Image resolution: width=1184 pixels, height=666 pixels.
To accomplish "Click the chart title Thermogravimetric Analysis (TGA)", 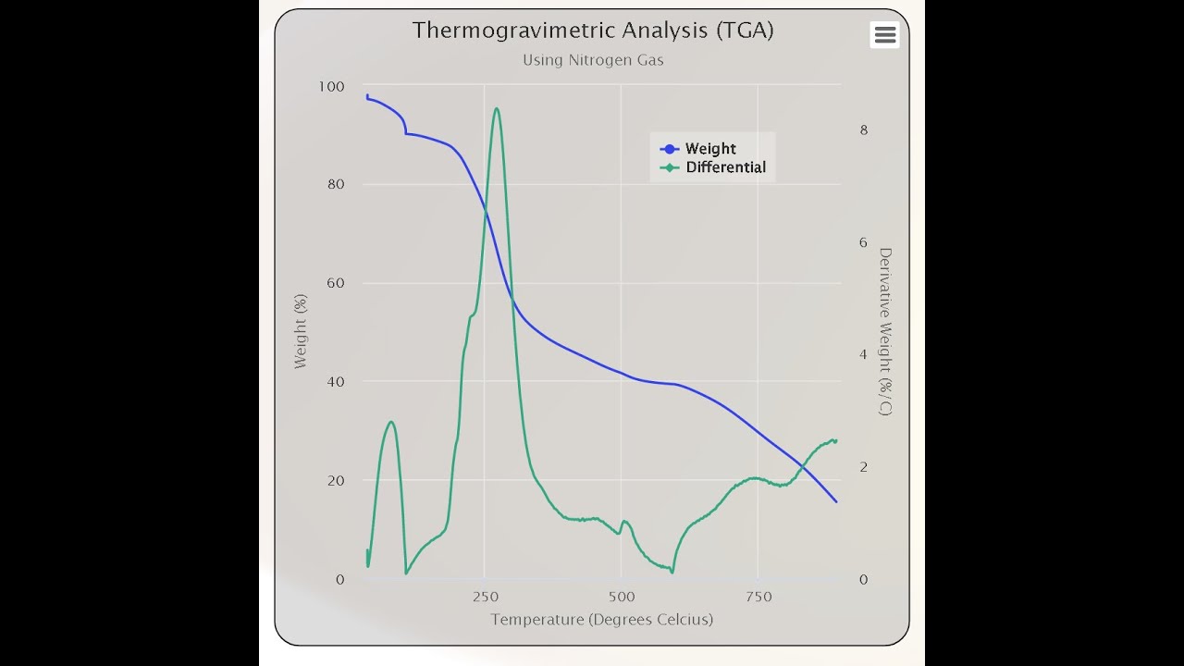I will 593,31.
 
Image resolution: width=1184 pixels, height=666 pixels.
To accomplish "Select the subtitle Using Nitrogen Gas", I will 593,60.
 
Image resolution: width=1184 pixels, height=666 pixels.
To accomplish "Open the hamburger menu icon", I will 884,35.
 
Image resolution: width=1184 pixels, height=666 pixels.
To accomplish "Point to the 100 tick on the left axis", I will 331,87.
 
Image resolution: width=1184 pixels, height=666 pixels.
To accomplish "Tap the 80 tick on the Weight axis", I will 335,184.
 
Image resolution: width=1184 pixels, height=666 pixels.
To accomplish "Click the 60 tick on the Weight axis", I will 335,283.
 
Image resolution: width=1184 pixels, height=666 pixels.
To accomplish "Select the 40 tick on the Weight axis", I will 335,382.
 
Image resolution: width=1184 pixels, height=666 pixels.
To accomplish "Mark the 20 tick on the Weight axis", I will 335,481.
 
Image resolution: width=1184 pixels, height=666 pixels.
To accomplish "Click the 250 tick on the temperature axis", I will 484,597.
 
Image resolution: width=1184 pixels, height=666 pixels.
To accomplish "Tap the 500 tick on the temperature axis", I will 621,597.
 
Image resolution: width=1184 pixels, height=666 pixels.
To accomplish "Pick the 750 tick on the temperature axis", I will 758,597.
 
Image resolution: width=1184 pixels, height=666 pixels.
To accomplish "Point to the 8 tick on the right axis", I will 864,130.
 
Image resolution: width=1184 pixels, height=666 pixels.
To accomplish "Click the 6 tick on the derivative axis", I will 864,243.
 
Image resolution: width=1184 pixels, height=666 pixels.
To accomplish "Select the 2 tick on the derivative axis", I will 864,467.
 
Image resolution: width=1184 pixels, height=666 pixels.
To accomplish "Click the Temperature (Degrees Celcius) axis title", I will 601,620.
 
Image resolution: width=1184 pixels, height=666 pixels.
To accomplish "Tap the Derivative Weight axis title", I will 885,331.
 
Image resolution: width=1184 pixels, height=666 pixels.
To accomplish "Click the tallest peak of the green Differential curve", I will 497,108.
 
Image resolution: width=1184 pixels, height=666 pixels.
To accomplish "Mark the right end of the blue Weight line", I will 836,501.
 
